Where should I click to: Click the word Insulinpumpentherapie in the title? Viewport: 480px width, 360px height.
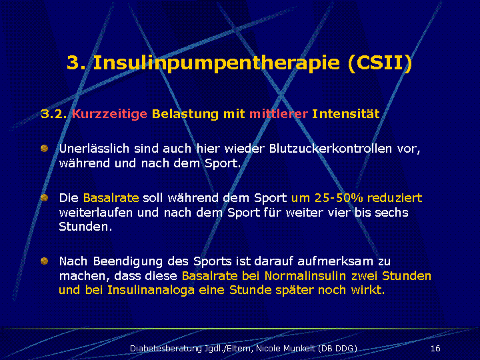[x=216, y=63]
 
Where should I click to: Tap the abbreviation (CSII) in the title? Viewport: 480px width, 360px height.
[x=380, y=63]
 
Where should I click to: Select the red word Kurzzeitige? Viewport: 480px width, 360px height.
[x=109, y=114]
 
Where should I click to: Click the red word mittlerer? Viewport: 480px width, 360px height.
[x=279, y=114]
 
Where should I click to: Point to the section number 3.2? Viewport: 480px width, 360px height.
[x=53, y=114]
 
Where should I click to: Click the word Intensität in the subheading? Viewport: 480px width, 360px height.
[x=345, y=113]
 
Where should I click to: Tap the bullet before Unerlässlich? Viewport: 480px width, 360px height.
[x=45, y=149]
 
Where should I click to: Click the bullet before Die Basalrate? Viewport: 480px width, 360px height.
[x=45, y=197]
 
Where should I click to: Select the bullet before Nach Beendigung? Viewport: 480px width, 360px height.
[x=45, y=261]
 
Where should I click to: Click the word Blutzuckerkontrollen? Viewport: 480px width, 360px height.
[x=331, y=149]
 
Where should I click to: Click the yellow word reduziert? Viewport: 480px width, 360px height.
[x=395, y=198]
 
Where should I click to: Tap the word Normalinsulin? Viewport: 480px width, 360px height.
[x=305, y=276]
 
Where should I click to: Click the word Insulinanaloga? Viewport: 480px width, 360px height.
[x=151, y=290]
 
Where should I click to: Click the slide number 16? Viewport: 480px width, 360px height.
[x=435, y=349]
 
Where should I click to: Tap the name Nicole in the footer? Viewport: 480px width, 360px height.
[x=269, y=349]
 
